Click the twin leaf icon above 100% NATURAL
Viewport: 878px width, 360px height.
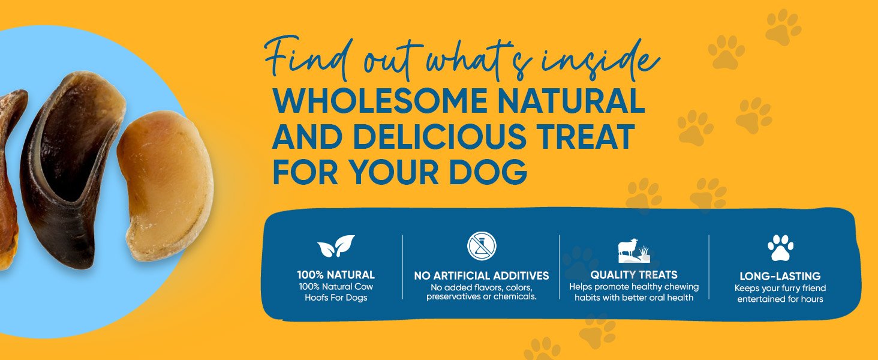click(x=336, y=246)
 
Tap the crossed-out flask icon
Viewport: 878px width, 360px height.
click(x=482, y=246)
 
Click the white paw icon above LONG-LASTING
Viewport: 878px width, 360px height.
click(x=780, y=248)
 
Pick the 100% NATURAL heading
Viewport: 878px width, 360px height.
click(x=336, y=275)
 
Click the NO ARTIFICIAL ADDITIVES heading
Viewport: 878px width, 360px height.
click(x=482, y=275)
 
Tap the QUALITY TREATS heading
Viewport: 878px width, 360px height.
click(x=634, y=275)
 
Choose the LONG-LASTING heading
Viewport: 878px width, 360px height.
click(x=780, y=276)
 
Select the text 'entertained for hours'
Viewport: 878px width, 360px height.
click(x=780, y=299)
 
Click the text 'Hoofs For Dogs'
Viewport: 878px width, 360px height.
click(x=336, y=298)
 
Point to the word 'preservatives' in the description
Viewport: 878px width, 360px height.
click(x=453, y=296)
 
